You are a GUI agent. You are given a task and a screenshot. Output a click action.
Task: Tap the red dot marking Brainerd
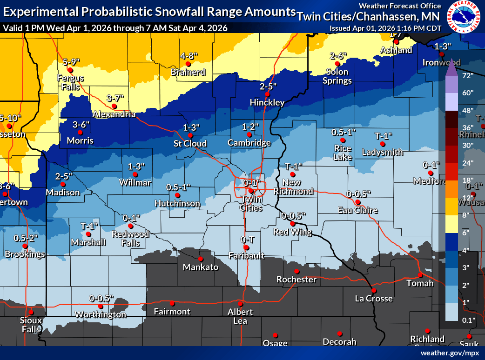click(x=188, y=64)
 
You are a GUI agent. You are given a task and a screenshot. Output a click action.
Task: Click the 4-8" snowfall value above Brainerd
click(x=189, y=56)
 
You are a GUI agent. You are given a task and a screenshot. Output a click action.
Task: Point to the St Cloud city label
click(x=190, y=143)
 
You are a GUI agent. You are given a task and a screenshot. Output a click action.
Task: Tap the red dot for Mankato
click(x=201, y=259)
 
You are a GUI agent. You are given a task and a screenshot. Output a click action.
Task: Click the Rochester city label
click(x=296, y=280)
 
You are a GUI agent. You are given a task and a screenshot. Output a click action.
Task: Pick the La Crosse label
click(x=373, y=298)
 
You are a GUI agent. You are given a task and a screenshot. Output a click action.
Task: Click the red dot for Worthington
click(x=100, y=307)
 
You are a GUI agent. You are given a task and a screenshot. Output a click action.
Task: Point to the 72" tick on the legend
click(x=466, y=75)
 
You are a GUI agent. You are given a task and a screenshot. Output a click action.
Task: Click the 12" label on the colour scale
click(x=466, y=197)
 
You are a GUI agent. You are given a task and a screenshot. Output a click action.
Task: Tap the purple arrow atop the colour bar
click(x=451, y=68)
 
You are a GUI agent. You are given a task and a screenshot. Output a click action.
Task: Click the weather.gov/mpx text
click(x=450, y=353)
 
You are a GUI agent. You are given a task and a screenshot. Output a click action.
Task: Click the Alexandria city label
click(x=114, y=114)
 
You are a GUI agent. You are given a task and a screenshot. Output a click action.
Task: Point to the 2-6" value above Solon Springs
click(x=338, y=56)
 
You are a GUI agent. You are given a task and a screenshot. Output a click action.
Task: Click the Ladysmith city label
click(x=383, y=152)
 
